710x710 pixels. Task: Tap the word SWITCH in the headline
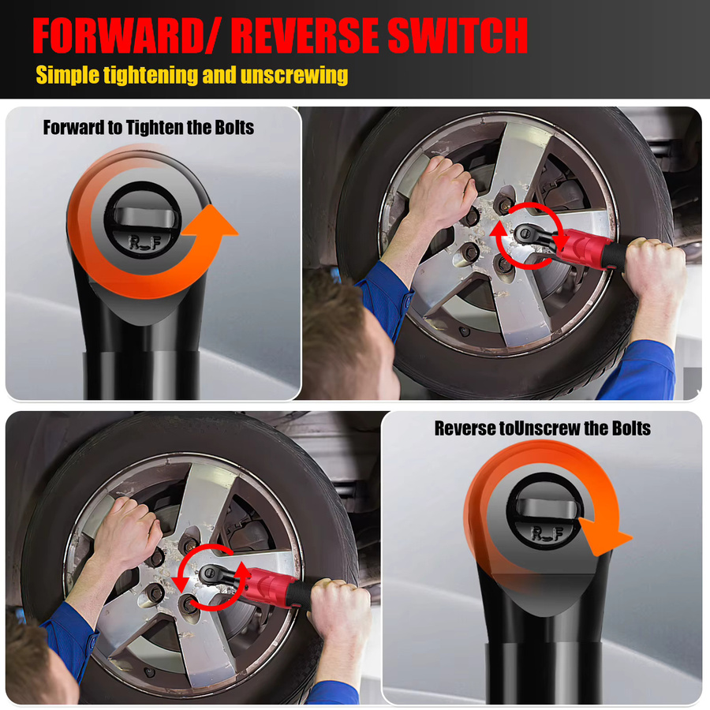tap(458, 35)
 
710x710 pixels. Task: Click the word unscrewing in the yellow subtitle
tap(294, 75)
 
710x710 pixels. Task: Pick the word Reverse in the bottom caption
tap(465, 428)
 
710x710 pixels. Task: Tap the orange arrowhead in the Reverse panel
tap(604, 536)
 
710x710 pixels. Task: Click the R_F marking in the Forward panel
tap(144, 242)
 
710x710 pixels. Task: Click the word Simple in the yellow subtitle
tap(67, 75)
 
